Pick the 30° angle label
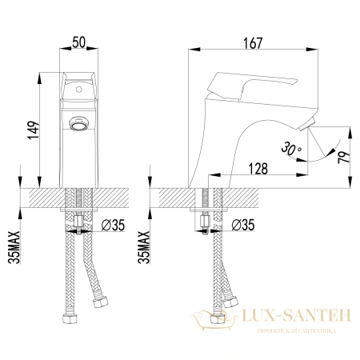(293, 148)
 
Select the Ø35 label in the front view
(114, 226)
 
